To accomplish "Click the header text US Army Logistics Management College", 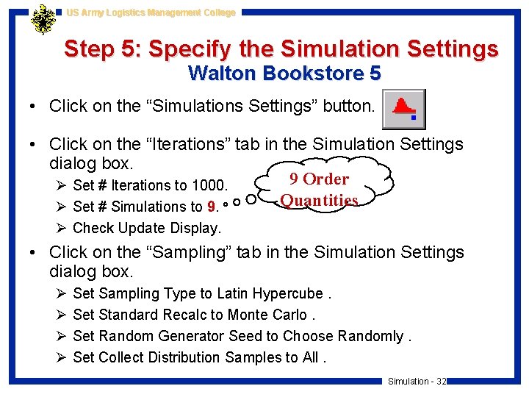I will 151,12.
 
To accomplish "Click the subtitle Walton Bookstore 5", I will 284,74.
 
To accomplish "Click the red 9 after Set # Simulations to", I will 212,207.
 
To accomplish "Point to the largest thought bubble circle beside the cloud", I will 252,198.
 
